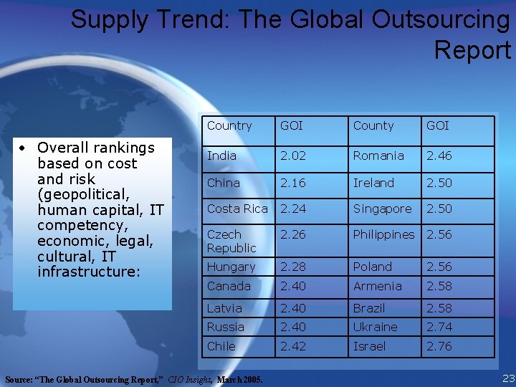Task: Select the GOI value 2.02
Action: point(292,156)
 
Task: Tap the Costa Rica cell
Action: point(237,209)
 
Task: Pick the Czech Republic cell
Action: point(231,241)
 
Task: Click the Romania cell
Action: point(378,156)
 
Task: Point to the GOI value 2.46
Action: point(439,156)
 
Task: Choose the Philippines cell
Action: point(383,234)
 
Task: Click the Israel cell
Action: point(369,346)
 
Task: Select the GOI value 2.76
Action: point(439,346)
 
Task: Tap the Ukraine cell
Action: point(375,327)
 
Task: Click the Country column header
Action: point(229,125)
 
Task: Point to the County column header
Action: point(373,125)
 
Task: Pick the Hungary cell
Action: point(231,267)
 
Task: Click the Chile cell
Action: point(221,346)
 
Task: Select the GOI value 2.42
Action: point(292,346)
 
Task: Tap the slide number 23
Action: point(508,378)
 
